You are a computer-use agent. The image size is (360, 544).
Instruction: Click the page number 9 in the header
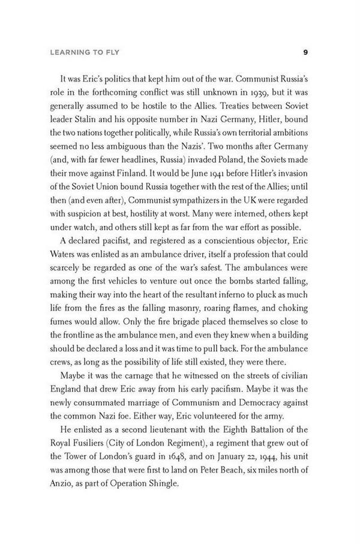point(306,52)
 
